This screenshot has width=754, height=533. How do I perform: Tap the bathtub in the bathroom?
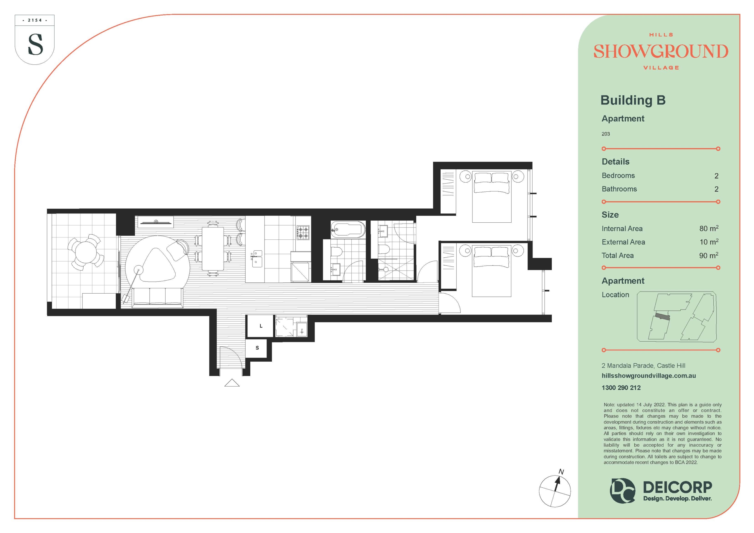pos(348,229)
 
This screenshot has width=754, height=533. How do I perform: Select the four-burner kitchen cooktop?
pos(303,231)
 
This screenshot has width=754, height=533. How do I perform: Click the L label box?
pos(260,326)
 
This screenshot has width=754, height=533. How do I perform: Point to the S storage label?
pos(257,348)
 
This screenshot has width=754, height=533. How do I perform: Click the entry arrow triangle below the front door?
pos(232,383)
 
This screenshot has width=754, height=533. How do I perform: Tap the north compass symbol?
pos(555,491)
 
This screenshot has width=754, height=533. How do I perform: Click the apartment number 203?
pos(606,134)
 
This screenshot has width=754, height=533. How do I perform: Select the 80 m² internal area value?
pos(709,228)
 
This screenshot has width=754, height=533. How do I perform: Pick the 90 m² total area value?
pos(709,255)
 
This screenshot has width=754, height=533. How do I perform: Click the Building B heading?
pos(633,100)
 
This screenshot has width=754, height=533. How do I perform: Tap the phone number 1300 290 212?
pos(621,388)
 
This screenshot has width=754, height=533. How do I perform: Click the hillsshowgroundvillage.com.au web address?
pos(649,376)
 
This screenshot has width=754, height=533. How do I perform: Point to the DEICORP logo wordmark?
pos(677,487)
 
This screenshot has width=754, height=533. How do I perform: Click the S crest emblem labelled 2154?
pos(34,39)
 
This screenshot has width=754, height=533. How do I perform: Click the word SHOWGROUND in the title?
pos(661,52)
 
